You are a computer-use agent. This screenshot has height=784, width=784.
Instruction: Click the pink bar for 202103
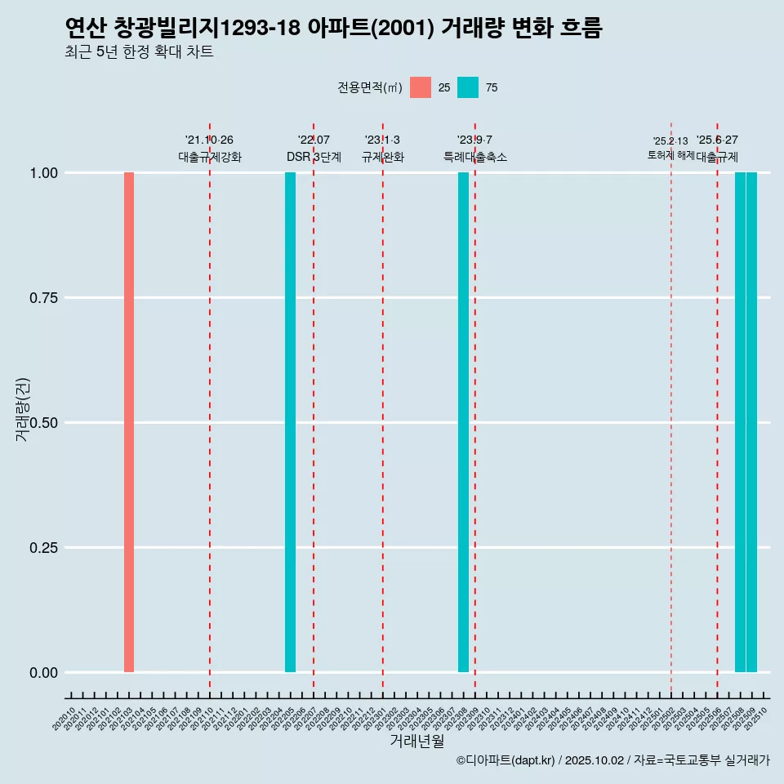click(x=129, y=422)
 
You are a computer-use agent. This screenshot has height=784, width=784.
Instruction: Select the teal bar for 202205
click(x=290, y=422)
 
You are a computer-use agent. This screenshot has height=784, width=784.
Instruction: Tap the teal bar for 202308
click(x=463, y=422)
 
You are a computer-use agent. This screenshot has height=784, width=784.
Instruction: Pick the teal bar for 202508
click(x=740, y=422)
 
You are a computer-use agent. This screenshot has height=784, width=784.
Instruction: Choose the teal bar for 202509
click(x=751, y=422)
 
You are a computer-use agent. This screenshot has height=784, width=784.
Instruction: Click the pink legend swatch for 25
click(x=421, y=87)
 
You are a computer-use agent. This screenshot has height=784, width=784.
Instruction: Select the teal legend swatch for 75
click(x=468, y=87)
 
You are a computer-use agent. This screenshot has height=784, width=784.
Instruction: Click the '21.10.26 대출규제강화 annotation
click(x=210, y=149)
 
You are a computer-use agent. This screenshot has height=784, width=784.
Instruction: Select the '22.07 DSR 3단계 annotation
click(x=314, y=149)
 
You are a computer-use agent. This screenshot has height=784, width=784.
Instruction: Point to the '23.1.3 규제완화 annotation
click(x=382, y=149)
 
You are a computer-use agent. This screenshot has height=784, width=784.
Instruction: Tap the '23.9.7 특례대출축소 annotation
click(x=474, y=149)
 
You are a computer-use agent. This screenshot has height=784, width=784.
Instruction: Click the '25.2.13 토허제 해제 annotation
click(x=670, y=148)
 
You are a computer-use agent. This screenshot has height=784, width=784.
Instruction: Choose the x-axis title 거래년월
click(x=417, y=741)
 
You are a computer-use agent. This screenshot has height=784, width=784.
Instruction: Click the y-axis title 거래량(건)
click(x=22, y=409)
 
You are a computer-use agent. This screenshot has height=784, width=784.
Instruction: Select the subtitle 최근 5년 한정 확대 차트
click(x=139, y=52)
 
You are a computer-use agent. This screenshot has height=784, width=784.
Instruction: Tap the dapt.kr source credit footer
click(x=612, y=760)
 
